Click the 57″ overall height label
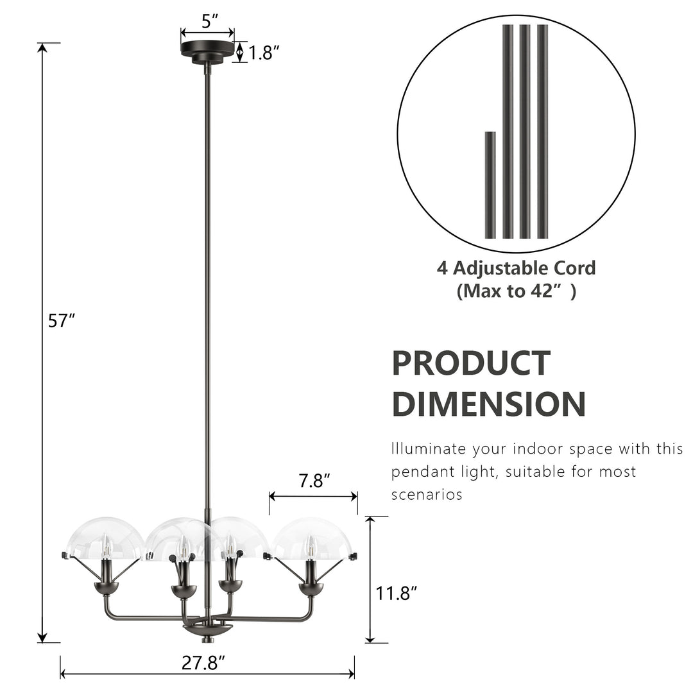tap(62, 320)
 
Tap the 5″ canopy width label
tap(207, 21)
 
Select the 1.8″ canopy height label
tap(265, 53)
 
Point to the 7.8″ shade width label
tap(314, 481)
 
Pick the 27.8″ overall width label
tap(203, 663)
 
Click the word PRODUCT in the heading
tap(471, 363)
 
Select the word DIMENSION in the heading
tap(488, 404)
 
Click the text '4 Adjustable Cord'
tap(517, 268)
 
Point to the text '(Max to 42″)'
tap(517, 291)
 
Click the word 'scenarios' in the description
tap(427, 495)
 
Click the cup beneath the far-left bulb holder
tap(106, 587)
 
